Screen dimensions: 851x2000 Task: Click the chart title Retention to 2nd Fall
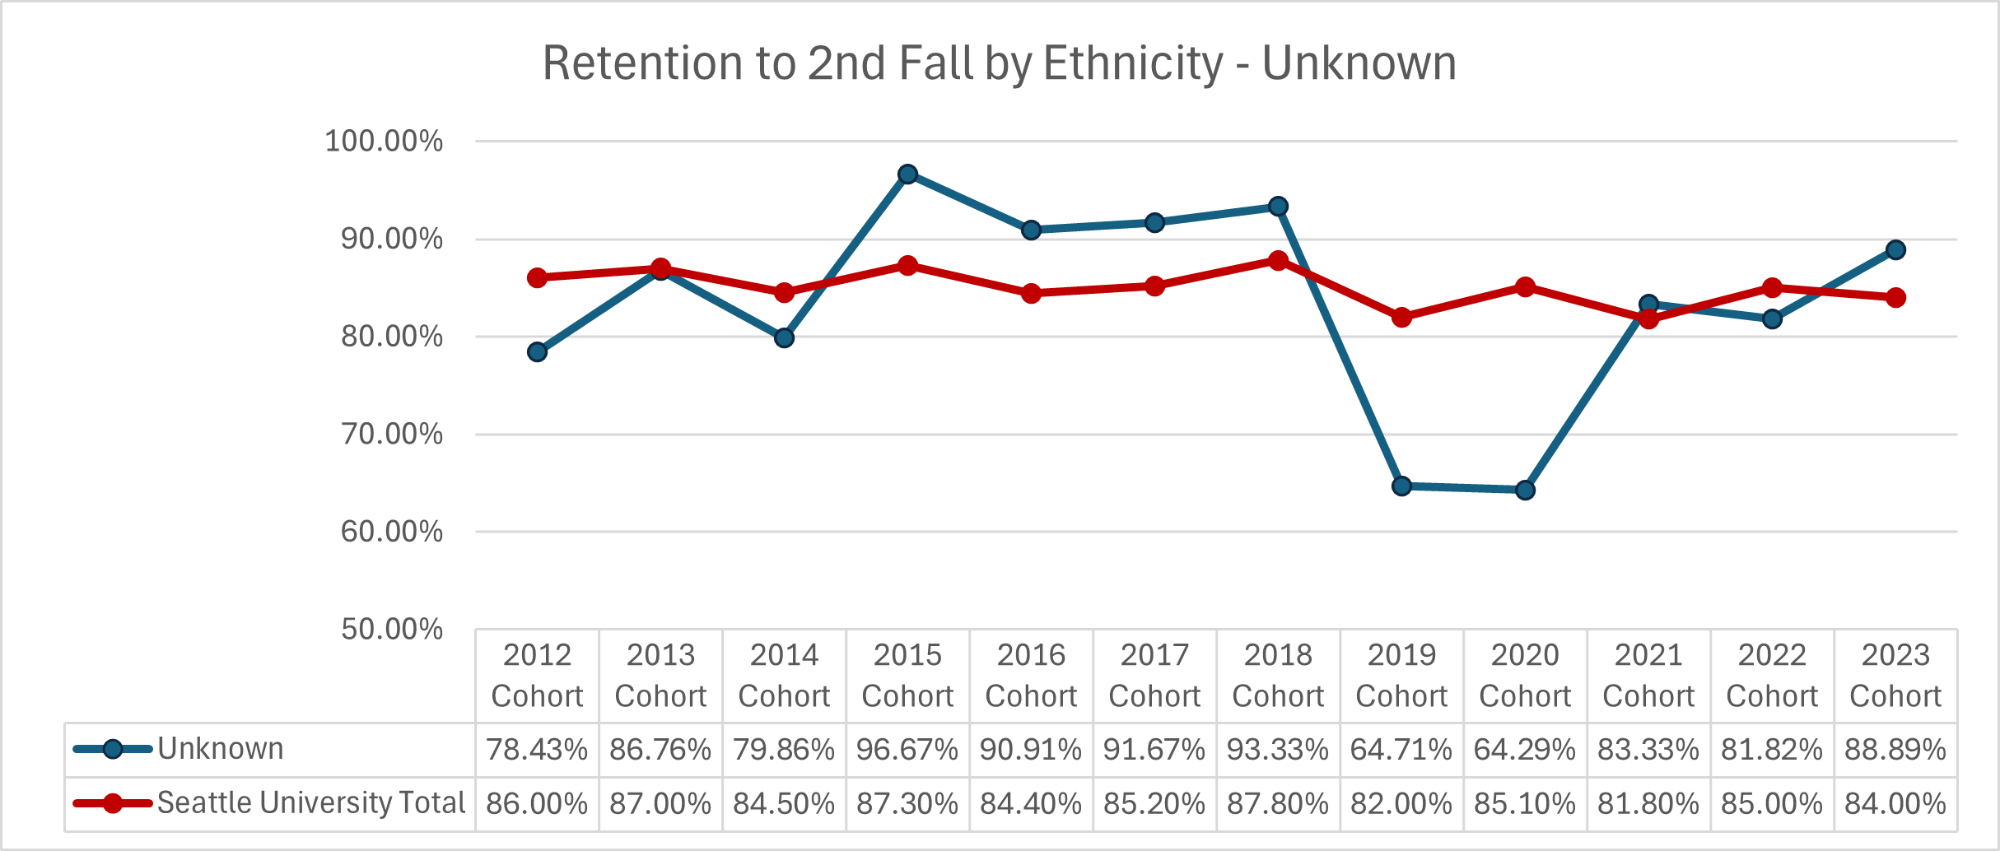click(999, 63)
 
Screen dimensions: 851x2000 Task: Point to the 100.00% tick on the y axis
click(384, 141)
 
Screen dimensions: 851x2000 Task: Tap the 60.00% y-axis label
click(392, 532)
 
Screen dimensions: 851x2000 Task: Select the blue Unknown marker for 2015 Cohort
click(907, 174)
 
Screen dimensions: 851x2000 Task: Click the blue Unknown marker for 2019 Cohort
click(1401, 486)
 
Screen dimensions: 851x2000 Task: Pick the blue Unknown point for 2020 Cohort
click(1525, 491)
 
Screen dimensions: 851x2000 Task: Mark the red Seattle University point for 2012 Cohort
click(537, 277)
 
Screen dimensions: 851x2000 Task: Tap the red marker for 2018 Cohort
click(1278, 261)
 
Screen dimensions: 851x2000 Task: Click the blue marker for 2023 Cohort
click(1895, 250)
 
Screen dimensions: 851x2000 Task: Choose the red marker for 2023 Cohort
click(1895, 297)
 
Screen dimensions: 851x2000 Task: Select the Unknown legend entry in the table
click(220, 749)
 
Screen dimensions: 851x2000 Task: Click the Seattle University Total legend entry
click(310, 803)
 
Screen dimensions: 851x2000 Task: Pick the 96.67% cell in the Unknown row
click(907, 750)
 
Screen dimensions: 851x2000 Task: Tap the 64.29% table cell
click(1525, 750)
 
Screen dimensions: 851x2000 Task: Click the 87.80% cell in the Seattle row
click(1278, 803)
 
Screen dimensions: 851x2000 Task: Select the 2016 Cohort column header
click(1031, 676)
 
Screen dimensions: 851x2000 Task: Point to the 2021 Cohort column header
click(1648, 676)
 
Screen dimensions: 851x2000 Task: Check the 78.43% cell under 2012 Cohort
click(537, 750)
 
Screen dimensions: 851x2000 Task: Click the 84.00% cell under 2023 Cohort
click(1895, 803)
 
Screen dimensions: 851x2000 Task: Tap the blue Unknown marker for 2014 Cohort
click(784, 337)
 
